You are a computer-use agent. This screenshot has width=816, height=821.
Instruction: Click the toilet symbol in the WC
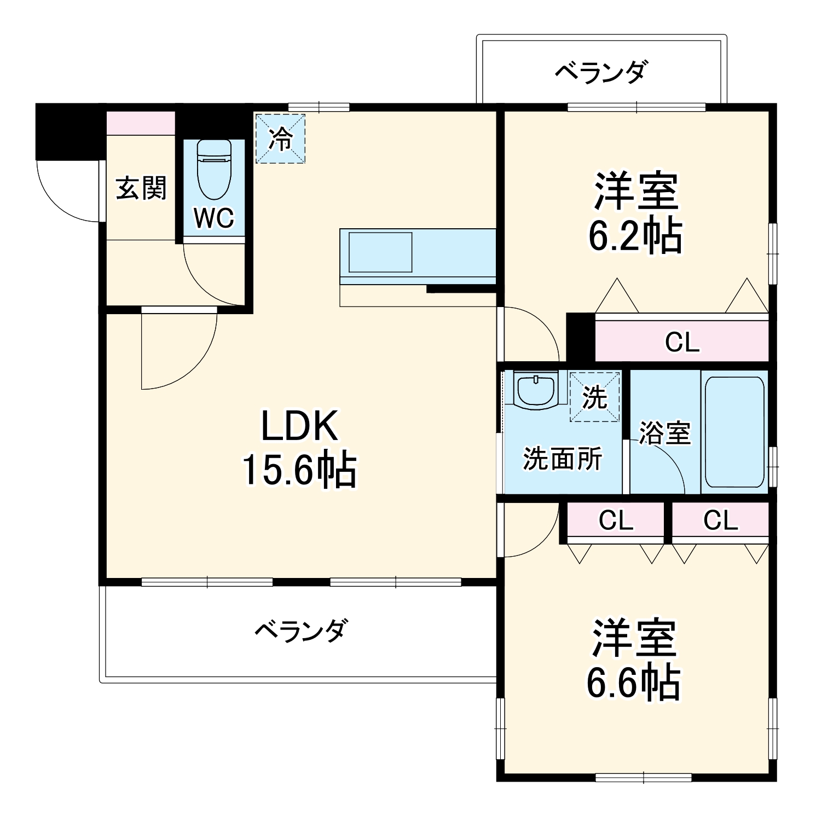215,170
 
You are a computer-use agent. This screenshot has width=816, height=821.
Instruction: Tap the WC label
215,218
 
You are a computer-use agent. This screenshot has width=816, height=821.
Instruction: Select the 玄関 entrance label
141,188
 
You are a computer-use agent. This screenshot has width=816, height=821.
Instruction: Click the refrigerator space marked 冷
280,138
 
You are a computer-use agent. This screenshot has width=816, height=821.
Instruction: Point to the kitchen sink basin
380,252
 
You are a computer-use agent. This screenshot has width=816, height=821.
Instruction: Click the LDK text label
299,426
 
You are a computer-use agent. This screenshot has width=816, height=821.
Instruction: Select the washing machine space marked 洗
595,397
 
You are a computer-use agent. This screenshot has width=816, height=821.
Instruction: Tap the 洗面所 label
563,459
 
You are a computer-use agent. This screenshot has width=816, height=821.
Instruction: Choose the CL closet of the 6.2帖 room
682,342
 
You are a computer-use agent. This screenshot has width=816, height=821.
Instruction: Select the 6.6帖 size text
633,683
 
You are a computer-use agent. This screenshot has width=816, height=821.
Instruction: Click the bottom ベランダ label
300,631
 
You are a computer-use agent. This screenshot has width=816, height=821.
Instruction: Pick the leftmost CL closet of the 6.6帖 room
616,521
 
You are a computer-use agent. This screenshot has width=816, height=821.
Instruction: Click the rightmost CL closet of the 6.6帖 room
720,521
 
